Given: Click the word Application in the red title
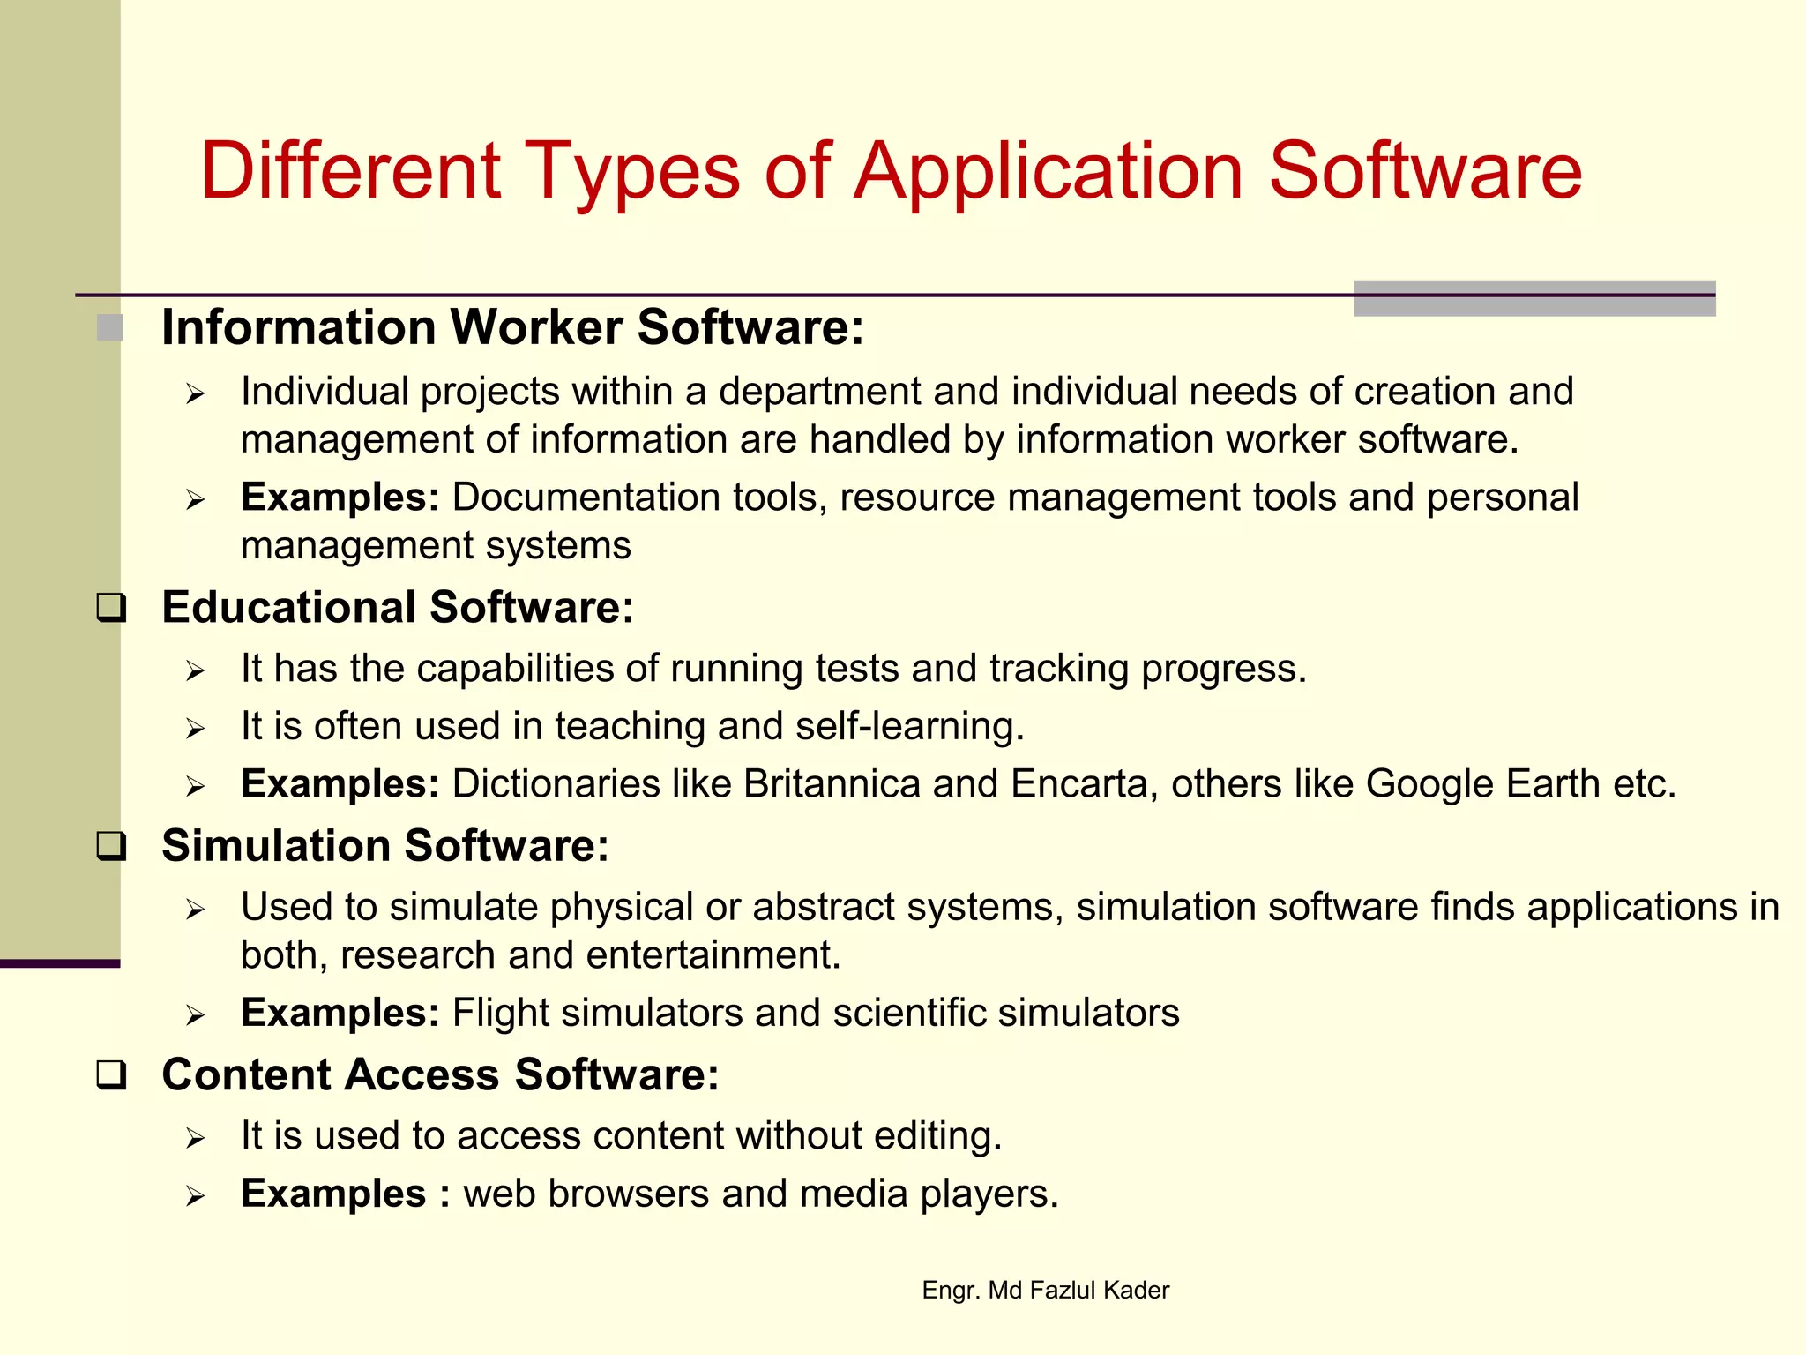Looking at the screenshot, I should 1049,172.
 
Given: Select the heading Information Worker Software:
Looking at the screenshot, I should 512,327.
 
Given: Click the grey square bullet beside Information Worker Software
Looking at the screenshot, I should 110,328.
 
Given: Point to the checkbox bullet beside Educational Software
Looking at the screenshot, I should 111,608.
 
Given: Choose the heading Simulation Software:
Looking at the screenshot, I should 385,845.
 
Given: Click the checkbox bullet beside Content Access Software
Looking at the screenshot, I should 111,1075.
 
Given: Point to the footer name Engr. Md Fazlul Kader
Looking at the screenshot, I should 1045,1290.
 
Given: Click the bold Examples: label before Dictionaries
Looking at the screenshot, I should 340,783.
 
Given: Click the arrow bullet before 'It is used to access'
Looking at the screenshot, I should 195,1138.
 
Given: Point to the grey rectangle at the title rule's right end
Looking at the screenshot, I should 1534,298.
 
